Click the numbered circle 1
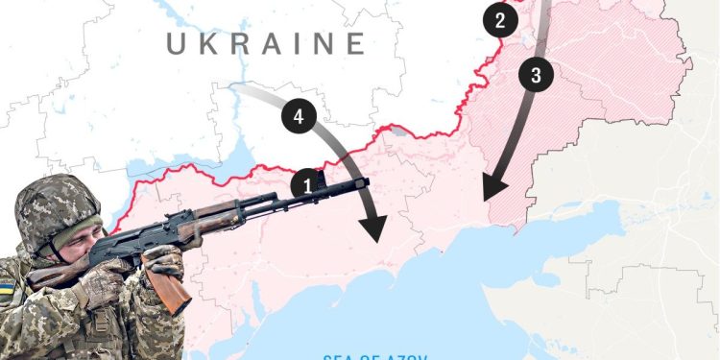pos(305,183)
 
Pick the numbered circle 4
pos(299,117)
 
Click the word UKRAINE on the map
pos(265,43)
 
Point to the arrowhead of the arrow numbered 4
pos(374,228)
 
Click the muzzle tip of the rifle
pos(366,181)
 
